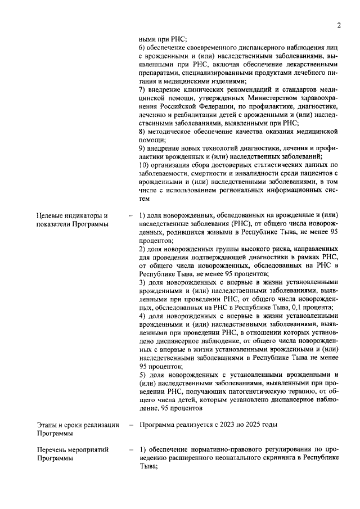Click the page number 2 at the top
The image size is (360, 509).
pos(339,25)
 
